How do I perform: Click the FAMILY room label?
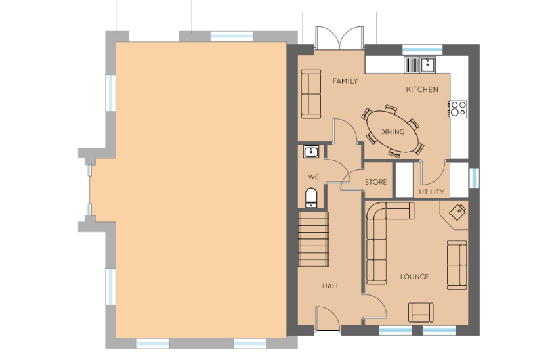345,81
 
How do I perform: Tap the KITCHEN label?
422,89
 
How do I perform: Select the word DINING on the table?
392,132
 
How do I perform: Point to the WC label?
314,177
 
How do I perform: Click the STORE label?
375,182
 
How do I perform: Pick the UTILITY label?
431,192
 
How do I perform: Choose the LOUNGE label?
414,277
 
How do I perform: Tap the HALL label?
331,286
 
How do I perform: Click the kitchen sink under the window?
420,65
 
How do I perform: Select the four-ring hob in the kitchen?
458,109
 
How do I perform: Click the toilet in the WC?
311,198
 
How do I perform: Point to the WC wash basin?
311,152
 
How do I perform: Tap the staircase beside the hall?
313,239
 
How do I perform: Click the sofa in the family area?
311,94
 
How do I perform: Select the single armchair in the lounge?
421,312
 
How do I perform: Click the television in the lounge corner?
458,212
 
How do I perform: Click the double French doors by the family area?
339,37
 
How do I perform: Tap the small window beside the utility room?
474,178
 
